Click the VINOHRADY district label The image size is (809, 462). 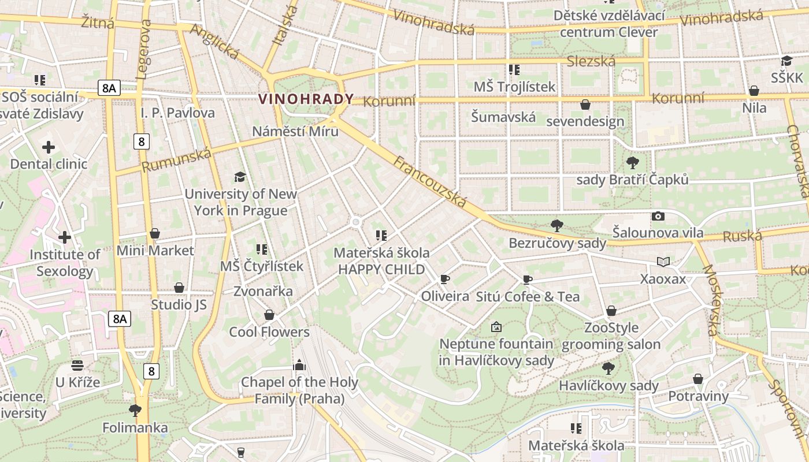click(x=306, y=99)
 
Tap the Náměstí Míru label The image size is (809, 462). click(x=295, y=131)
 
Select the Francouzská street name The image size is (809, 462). click(x=430, y=181)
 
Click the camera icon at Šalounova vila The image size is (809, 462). click(x=658, y=217)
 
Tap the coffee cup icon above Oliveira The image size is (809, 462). click(x=445, y=280)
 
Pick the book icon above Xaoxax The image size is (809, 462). click(x=663, y=262)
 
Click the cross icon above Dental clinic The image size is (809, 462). click(x=49, y=147)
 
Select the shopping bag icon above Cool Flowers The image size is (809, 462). click(x=269, y=315)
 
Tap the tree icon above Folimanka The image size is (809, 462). click(x=135, y=411)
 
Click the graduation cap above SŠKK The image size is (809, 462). click(x=786, y=61)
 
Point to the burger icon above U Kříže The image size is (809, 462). click(x=77, y=365)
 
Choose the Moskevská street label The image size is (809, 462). click(x=711, y=300)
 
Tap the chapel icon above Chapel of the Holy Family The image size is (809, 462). click(x=299, y=365)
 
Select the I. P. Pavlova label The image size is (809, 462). click(x=177, y=113)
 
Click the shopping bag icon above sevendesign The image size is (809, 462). click(x=585, y=105)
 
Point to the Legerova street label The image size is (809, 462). click(x=143, y=49)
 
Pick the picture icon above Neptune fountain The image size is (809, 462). click(x=496, y=327)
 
